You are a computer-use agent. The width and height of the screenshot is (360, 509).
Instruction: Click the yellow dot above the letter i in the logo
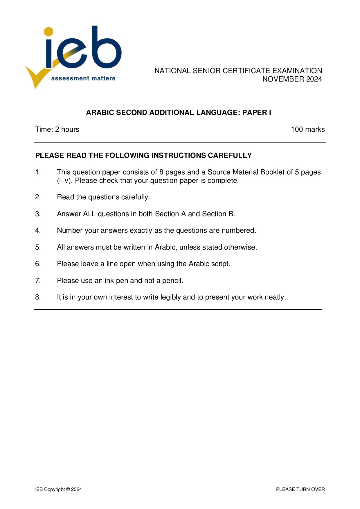(48, 32)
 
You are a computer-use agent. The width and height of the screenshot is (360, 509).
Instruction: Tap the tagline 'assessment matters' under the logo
(83, 78)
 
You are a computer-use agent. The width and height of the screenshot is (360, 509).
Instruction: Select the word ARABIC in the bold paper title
(100, 113)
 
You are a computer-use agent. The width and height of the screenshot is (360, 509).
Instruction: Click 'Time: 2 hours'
(57, 129)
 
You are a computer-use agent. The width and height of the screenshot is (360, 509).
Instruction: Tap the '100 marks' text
(308, 129)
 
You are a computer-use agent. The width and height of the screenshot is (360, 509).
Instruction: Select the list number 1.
(38, 172)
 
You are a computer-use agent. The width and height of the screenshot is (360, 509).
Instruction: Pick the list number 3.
(38, 214)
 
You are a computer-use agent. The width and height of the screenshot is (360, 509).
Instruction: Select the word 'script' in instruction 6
(221, 264)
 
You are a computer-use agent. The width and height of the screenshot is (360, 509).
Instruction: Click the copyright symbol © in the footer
(68, 489)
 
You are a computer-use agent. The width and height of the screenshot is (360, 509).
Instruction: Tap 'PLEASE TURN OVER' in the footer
(300, 489)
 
